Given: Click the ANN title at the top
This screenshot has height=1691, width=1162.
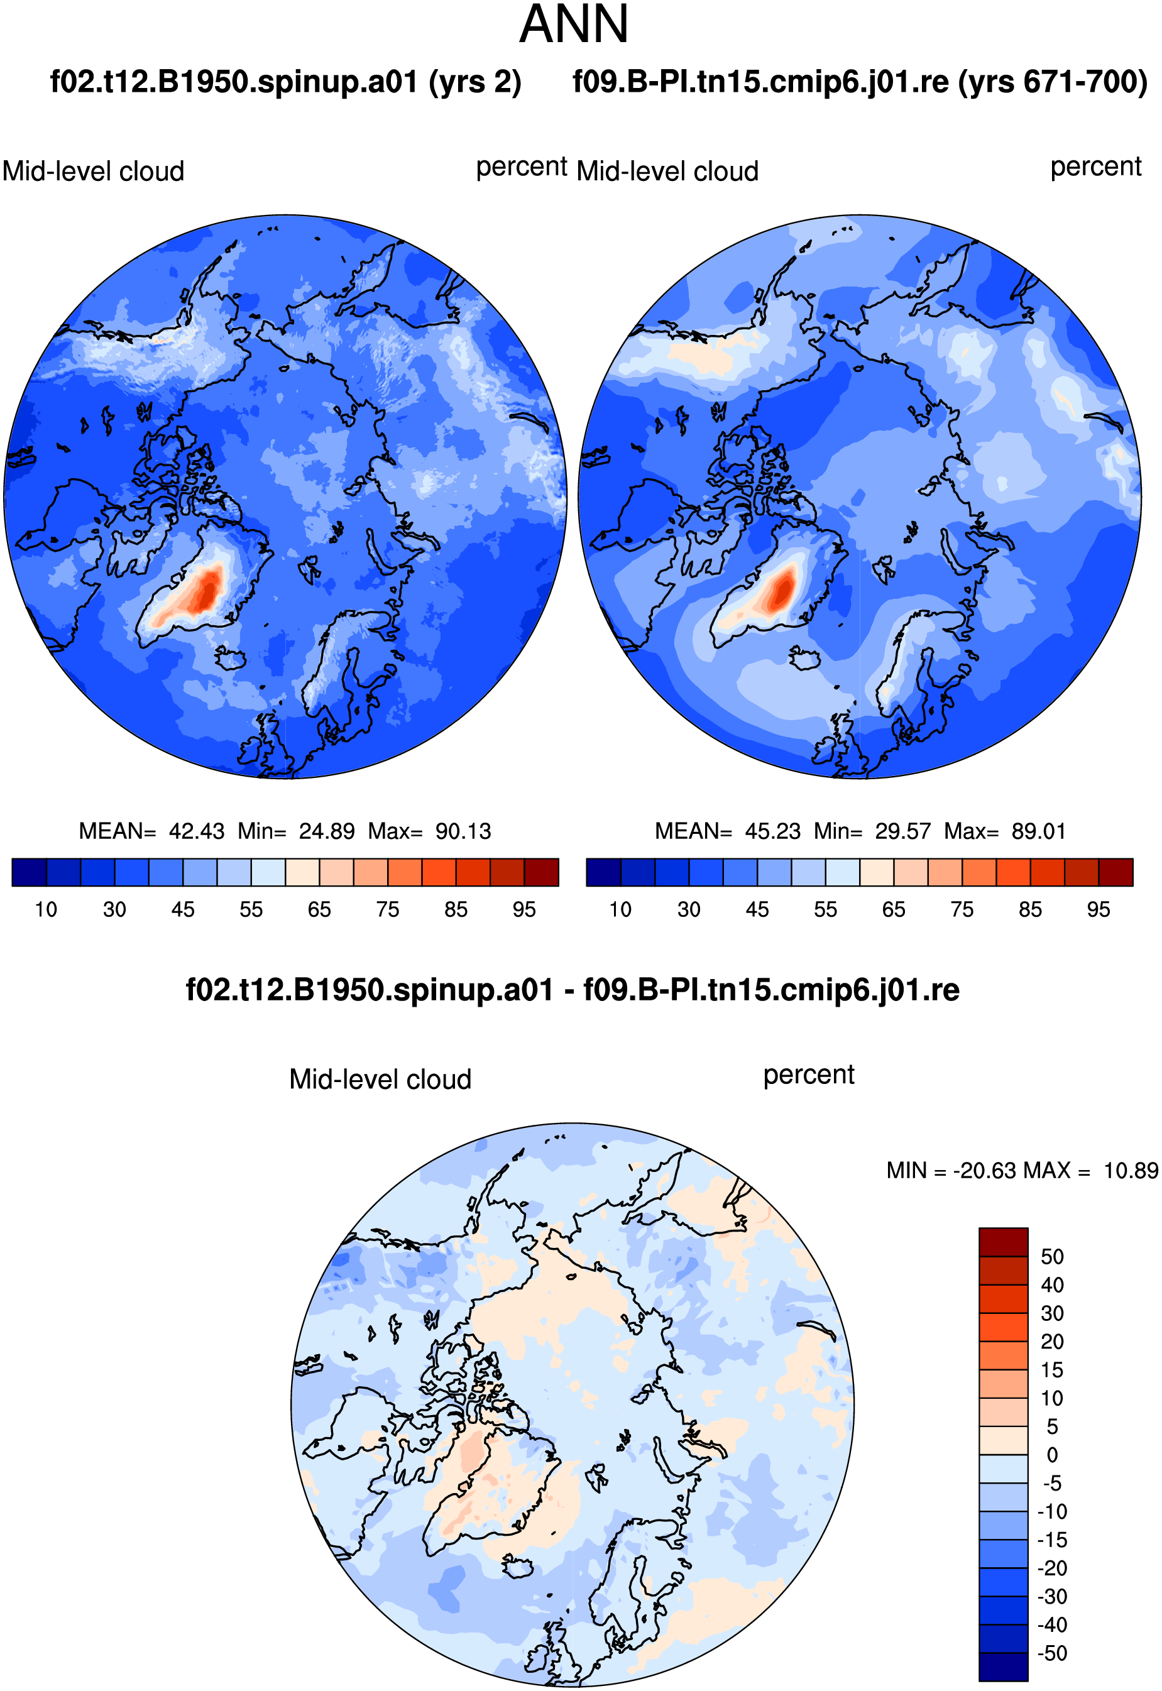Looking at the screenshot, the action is point(574,24).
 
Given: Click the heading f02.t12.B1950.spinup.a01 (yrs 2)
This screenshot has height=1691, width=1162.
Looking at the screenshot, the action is point(285,82).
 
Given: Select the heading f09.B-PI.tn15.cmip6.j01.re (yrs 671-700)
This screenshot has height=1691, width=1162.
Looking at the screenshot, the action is point(860,82).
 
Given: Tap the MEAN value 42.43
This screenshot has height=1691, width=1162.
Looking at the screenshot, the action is point(197,831).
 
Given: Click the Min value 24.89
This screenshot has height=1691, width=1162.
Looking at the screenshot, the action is point(327,831).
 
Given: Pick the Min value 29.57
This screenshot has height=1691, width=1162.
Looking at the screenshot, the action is point(903,831).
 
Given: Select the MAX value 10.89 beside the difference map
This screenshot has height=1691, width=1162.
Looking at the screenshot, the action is point(1131,1171).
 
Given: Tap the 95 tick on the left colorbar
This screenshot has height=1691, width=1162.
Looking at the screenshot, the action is point(524,910).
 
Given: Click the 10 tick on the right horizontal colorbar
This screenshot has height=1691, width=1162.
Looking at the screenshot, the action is point(620,910).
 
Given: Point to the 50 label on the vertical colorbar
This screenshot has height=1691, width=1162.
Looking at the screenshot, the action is point(1052,1256).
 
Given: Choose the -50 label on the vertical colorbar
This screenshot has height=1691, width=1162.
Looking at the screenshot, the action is point(1052,1653).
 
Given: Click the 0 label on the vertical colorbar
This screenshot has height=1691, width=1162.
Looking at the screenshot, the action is point(1052,1455).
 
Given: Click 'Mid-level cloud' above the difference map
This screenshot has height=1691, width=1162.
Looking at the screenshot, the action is point(380,1079).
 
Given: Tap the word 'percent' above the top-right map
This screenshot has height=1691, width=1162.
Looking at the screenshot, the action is point(1096,167).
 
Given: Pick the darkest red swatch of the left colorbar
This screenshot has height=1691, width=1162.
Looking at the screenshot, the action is point(542,872).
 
